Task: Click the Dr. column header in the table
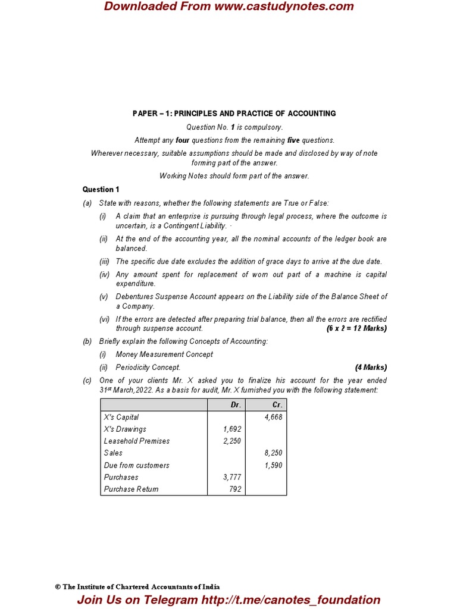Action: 236,404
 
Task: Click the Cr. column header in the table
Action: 277,404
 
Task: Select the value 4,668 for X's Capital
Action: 273,417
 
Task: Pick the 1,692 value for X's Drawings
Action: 232,429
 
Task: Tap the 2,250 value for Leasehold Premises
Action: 232,441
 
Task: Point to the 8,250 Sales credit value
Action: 273,453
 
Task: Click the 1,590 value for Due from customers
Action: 273,465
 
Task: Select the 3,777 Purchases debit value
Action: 232,477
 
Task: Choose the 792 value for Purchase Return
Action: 235,489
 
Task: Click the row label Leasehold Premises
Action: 136,441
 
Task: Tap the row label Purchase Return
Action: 131,489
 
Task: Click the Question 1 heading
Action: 101,189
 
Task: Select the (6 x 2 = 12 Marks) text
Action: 356,328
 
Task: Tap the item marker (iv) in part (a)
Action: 104,274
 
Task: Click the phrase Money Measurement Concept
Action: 164,354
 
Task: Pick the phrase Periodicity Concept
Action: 148,367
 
